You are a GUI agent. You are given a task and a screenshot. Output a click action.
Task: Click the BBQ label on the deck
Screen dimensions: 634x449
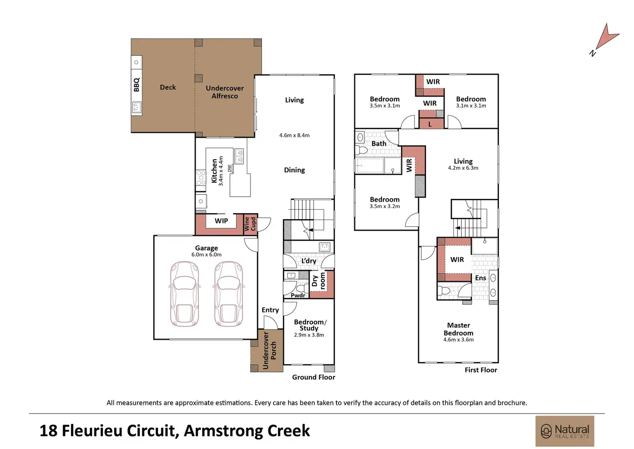point(137,85)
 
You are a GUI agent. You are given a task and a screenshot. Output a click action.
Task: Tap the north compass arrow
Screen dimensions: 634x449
point(606,39)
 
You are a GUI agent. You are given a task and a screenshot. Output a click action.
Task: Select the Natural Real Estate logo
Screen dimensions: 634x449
point(565,431)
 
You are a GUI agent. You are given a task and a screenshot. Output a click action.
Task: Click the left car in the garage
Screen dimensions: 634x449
point(184,294)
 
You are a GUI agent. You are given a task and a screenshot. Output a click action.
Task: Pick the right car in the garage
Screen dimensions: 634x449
point(229,294)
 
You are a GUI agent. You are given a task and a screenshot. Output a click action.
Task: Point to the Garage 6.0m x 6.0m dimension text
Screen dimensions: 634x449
point(206,254)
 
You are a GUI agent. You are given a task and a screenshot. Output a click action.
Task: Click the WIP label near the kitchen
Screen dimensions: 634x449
point(221,221)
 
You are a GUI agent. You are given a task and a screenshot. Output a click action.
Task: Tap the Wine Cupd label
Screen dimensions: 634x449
point(250,224)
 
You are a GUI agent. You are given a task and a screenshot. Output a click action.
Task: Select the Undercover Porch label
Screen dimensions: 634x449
point(270,350)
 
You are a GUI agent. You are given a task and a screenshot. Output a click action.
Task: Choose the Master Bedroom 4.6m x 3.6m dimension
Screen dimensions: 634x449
point(458,339)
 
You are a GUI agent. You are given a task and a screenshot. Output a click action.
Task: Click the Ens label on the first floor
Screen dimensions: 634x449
point(480,278)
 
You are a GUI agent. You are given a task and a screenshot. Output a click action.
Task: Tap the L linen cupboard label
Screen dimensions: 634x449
point(430,124)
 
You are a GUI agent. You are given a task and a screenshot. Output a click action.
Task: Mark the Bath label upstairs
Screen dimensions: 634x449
point(379,144)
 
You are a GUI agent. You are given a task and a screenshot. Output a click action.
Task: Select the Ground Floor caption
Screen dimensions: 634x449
point(314,377)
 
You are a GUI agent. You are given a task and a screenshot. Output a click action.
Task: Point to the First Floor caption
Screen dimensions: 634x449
point(481,370)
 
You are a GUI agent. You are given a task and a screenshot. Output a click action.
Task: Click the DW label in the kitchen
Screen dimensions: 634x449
point(230,168)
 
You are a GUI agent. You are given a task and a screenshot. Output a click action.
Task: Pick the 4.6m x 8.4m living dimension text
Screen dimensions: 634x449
point(294,135)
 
